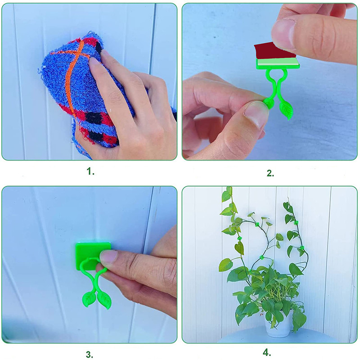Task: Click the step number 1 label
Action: (x=90, y=171)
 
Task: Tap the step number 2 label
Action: (x=270, y=173)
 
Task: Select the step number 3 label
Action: (x=90, y=355)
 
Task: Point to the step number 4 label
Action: (x=267, y=352)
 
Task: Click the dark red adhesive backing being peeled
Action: (x=274, y=51)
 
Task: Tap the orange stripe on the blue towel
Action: (x=71, y=76)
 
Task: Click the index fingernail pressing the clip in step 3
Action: (x=108, y=256)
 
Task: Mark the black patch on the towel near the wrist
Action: (x=94, y=117)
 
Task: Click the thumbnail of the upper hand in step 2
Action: (x=283, y=35)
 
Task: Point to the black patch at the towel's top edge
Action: (x=99, y=47)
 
